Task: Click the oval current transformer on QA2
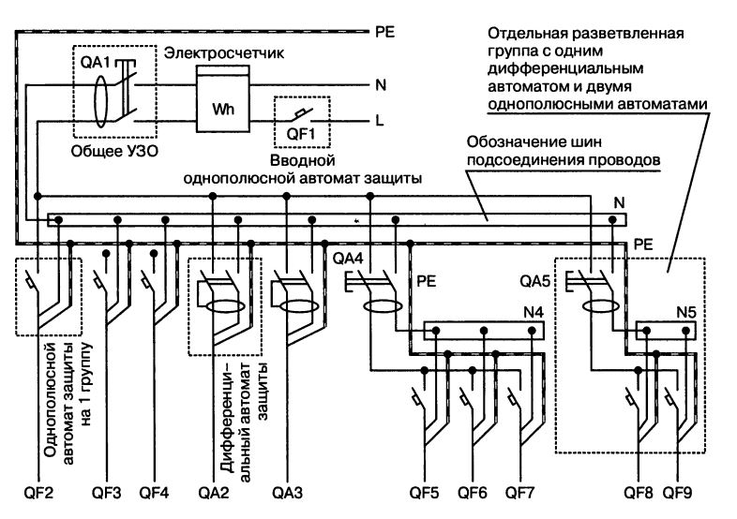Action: click(x=225, y=305)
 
